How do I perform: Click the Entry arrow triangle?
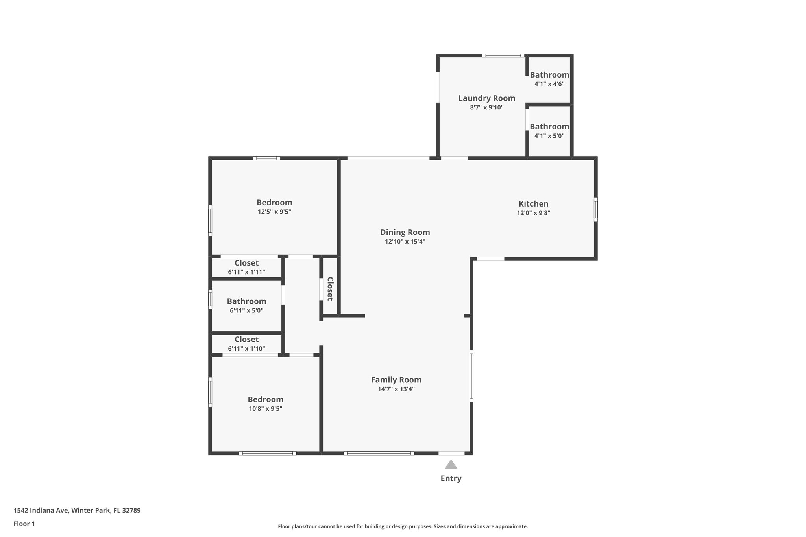pyautogui.click(x=451, y=465)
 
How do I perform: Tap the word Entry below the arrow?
pyautogui.click(x=451, y=478)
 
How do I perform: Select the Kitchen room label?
pyautogui.click(x=533, y=204)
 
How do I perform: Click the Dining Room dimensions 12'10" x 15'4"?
pyautogui.click(x=405, y=242)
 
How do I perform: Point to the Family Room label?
pyautogui.click(x=396, y=380)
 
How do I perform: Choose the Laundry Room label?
pyautogui.click(x=486, y=98)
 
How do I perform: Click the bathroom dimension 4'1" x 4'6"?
pyautogui.click(x=549, y=84)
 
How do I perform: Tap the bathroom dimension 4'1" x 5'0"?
pyautogui.click(x=549, y=136)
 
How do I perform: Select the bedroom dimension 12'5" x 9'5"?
pyautogui.click(x=274, y=212)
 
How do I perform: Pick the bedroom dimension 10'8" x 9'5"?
pyautogui.click(x=265, y=408)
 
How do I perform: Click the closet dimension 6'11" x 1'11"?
pyautogui.click(x=246, y=272)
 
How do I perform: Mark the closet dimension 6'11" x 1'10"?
pyautogui.click(x=246, y=348)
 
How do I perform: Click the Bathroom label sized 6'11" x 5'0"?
pyautogui.click(x=246, y=301)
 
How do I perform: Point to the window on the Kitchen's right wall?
pyautogui.click(x=595, y=210)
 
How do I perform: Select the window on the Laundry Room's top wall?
pyautogui.click(x=503, y=55)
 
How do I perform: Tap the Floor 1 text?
pyautogui.click(x=24, y=524)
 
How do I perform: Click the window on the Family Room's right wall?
pyautogui.click(x=471, y=376)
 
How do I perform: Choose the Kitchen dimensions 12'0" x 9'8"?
pyautogui.click(x=533, y=213)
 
